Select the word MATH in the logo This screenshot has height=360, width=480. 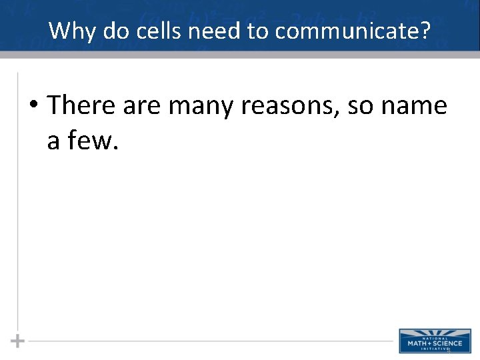417,343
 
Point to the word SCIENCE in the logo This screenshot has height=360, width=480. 445,343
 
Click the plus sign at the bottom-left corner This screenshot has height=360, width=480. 18,341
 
